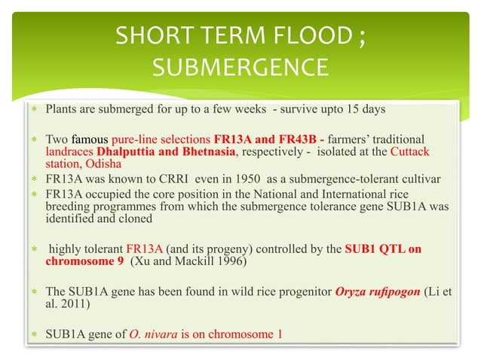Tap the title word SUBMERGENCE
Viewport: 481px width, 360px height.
tap(240, 69)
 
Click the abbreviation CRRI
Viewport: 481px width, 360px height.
tap(142, 178)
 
